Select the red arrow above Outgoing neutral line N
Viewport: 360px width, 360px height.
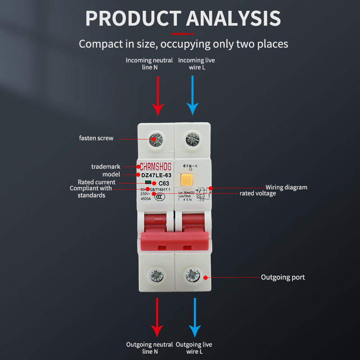click(x=157, y=317)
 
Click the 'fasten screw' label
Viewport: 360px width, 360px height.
click(x=96, y=138)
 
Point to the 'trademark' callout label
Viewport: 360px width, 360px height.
click(x=106, y=166)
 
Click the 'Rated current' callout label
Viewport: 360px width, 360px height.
click(x=96, y=182)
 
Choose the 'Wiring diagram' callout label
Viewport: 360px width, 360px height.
click(x=286, y=187)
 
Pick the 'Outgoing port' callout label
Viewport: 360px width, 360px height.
click(x=283, y=277)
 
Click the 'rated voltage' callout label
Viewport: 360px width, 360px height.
click(x=257, y=193)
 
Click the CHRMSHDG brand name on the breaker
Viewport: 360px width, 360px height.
click(x=156, y=166)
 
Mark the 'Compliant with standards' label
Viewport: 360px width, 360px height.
click(x=90, y=192)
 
